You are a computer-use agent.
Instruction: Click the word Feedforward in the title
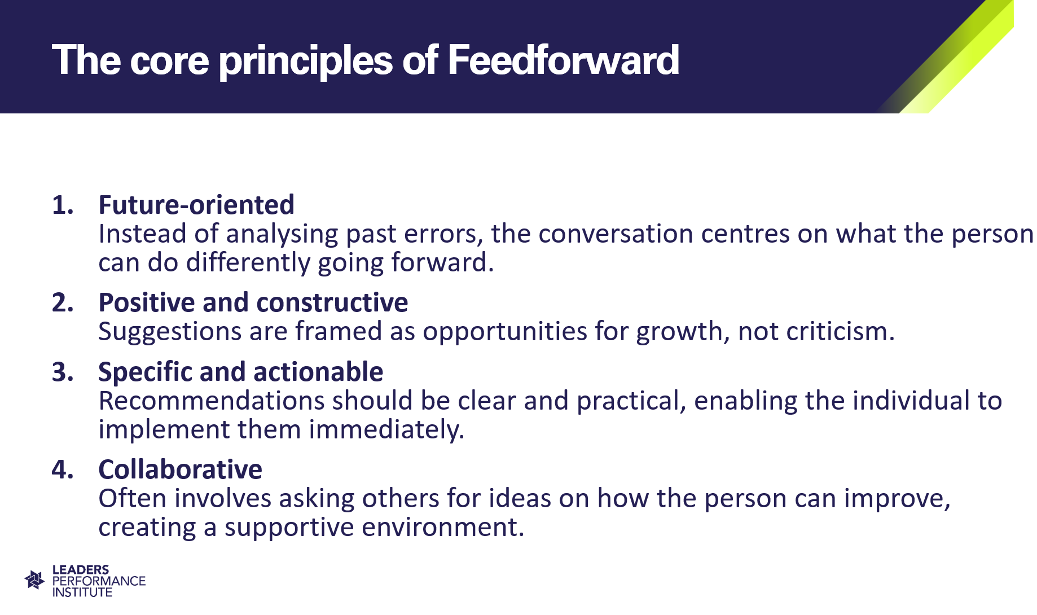pyautogui.click(x=563, y=60)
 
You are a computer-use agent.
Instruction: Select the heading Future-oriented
pyautogui.click(x=196, y=204)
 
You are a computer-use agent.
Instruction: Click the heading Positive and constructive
pyautogui.click(x=253, y=302)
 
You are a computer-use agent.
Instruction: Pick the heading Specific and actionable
pyautogui.click(x=241, y=372)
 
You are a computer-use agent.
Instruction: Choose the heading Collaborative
pyautogui.click(x=181, y=469)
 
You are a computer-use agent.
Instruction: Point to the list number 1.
pyautogui.click(x=63, y=205)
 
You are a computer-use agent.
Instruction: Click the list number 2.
pyautogui.click(x=63, y=303)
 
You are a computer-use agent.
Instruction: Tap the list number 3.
pyautogui.click(x=63, y=372)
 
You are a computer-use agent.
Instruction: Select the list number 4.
pyautogui.click(x=63, y=470)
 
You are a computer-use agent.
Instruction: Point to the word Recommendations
pyautogui.click(x=212, y=401)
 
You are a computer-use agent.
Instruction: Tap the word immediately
pyautogui.click(x=386, y=430)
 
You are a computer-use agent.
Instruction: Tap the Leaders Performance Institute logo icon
pyautogui.click(x=35, y=580)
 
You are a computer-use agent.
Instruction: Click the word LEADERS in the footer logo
pyautogui.click(x=81, y=570)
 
